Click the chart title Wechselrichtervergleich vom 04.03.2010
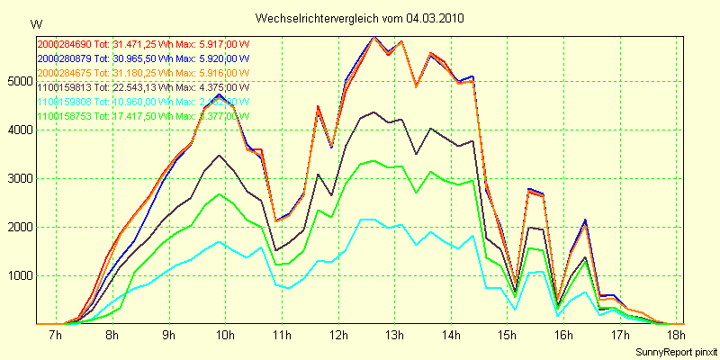coord(360,18)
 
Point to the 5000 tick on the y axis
coord(20,81)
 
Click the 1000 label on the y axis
coord(20,275)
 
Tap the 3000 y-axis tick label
coord(20,178)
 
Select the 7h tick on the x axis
coord(55,335)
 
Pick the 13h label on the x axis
coord(393,335)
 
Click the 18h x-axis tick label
coord(676,335)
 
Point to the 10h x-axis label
coord(224,335)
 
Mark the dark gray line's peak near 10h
coord(219,156)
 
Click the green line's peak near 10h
coord(220,194)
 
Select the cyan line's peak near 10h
coord(220,241)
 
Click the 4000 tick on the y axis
coord(20,130)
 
